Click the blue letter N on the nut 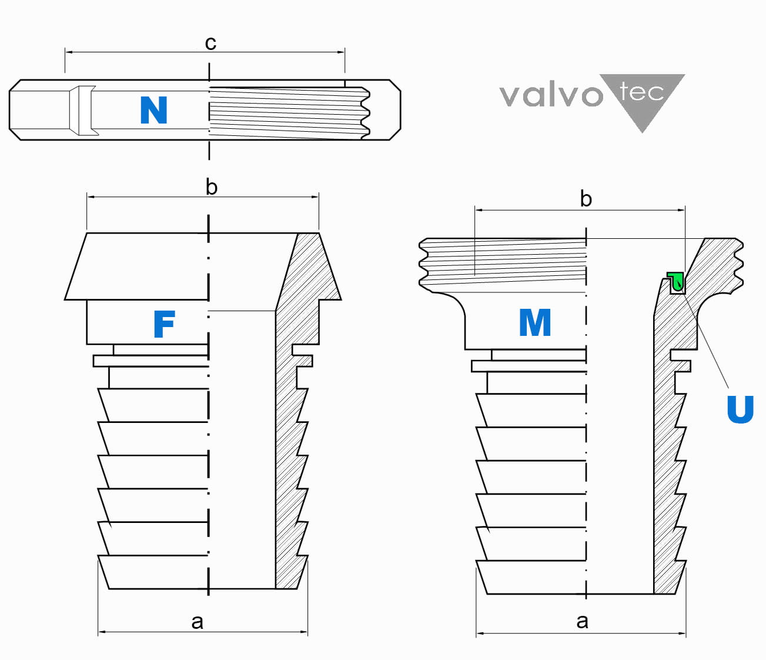pyautogui.click(x=153, y=110)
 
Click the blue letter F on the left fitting pyautogui.click(x=164, y=324)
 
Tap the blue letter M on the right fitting pyautogui.click(x=535, y=322)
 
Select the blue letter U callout pyautogui.click(x=740, y=409)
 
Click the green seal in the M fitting pyautogui.click(x=676, y=281)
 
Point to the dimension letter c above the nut pyautogui.click(x=210, y=42)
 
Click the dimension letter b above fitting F pyautogui.click(x=212, y=187)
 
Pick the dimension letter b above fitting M pyautogui.click(x=586, y=199)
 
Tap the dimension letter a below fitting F pyautogui.click(x=198, y=621)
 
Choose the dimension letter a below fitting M pyautogui.click(x=582, y=621)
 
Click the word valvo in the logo pyautogui.click(x=551, y=94)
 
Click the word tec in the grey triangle pyautogui.click(x=641, y=92)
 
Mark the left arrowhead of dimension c pyautogui.click(x=68, y=52)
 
